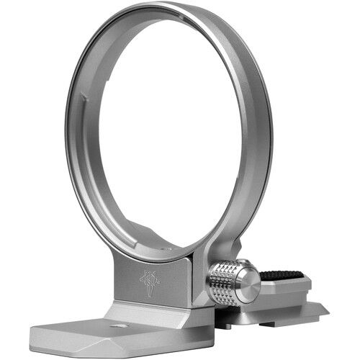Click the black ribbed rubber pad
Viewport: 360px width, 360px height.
click(282, 276)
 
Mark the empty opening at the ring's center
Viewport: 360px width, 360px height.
click(169, 130)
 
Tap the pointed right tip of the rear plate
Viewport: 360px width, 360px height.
click(328, 310)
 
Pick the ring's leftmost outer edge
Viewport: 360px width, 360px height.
click(66, 137)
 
